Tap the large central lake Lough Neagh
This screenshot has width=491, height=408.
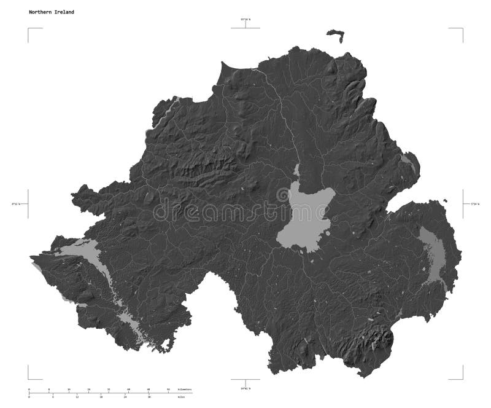(304, 218)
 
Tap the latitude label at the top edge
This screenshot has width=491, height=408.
(245, 20)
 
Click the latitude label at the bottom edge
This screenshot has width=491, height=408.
(245, 388)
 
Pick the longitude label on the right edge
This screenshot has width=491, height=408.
(474, 203)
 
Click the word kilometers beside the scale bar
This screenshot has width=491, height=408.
(184, 390)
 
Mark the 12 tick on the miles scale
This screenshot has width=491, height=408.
(77, 397)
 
